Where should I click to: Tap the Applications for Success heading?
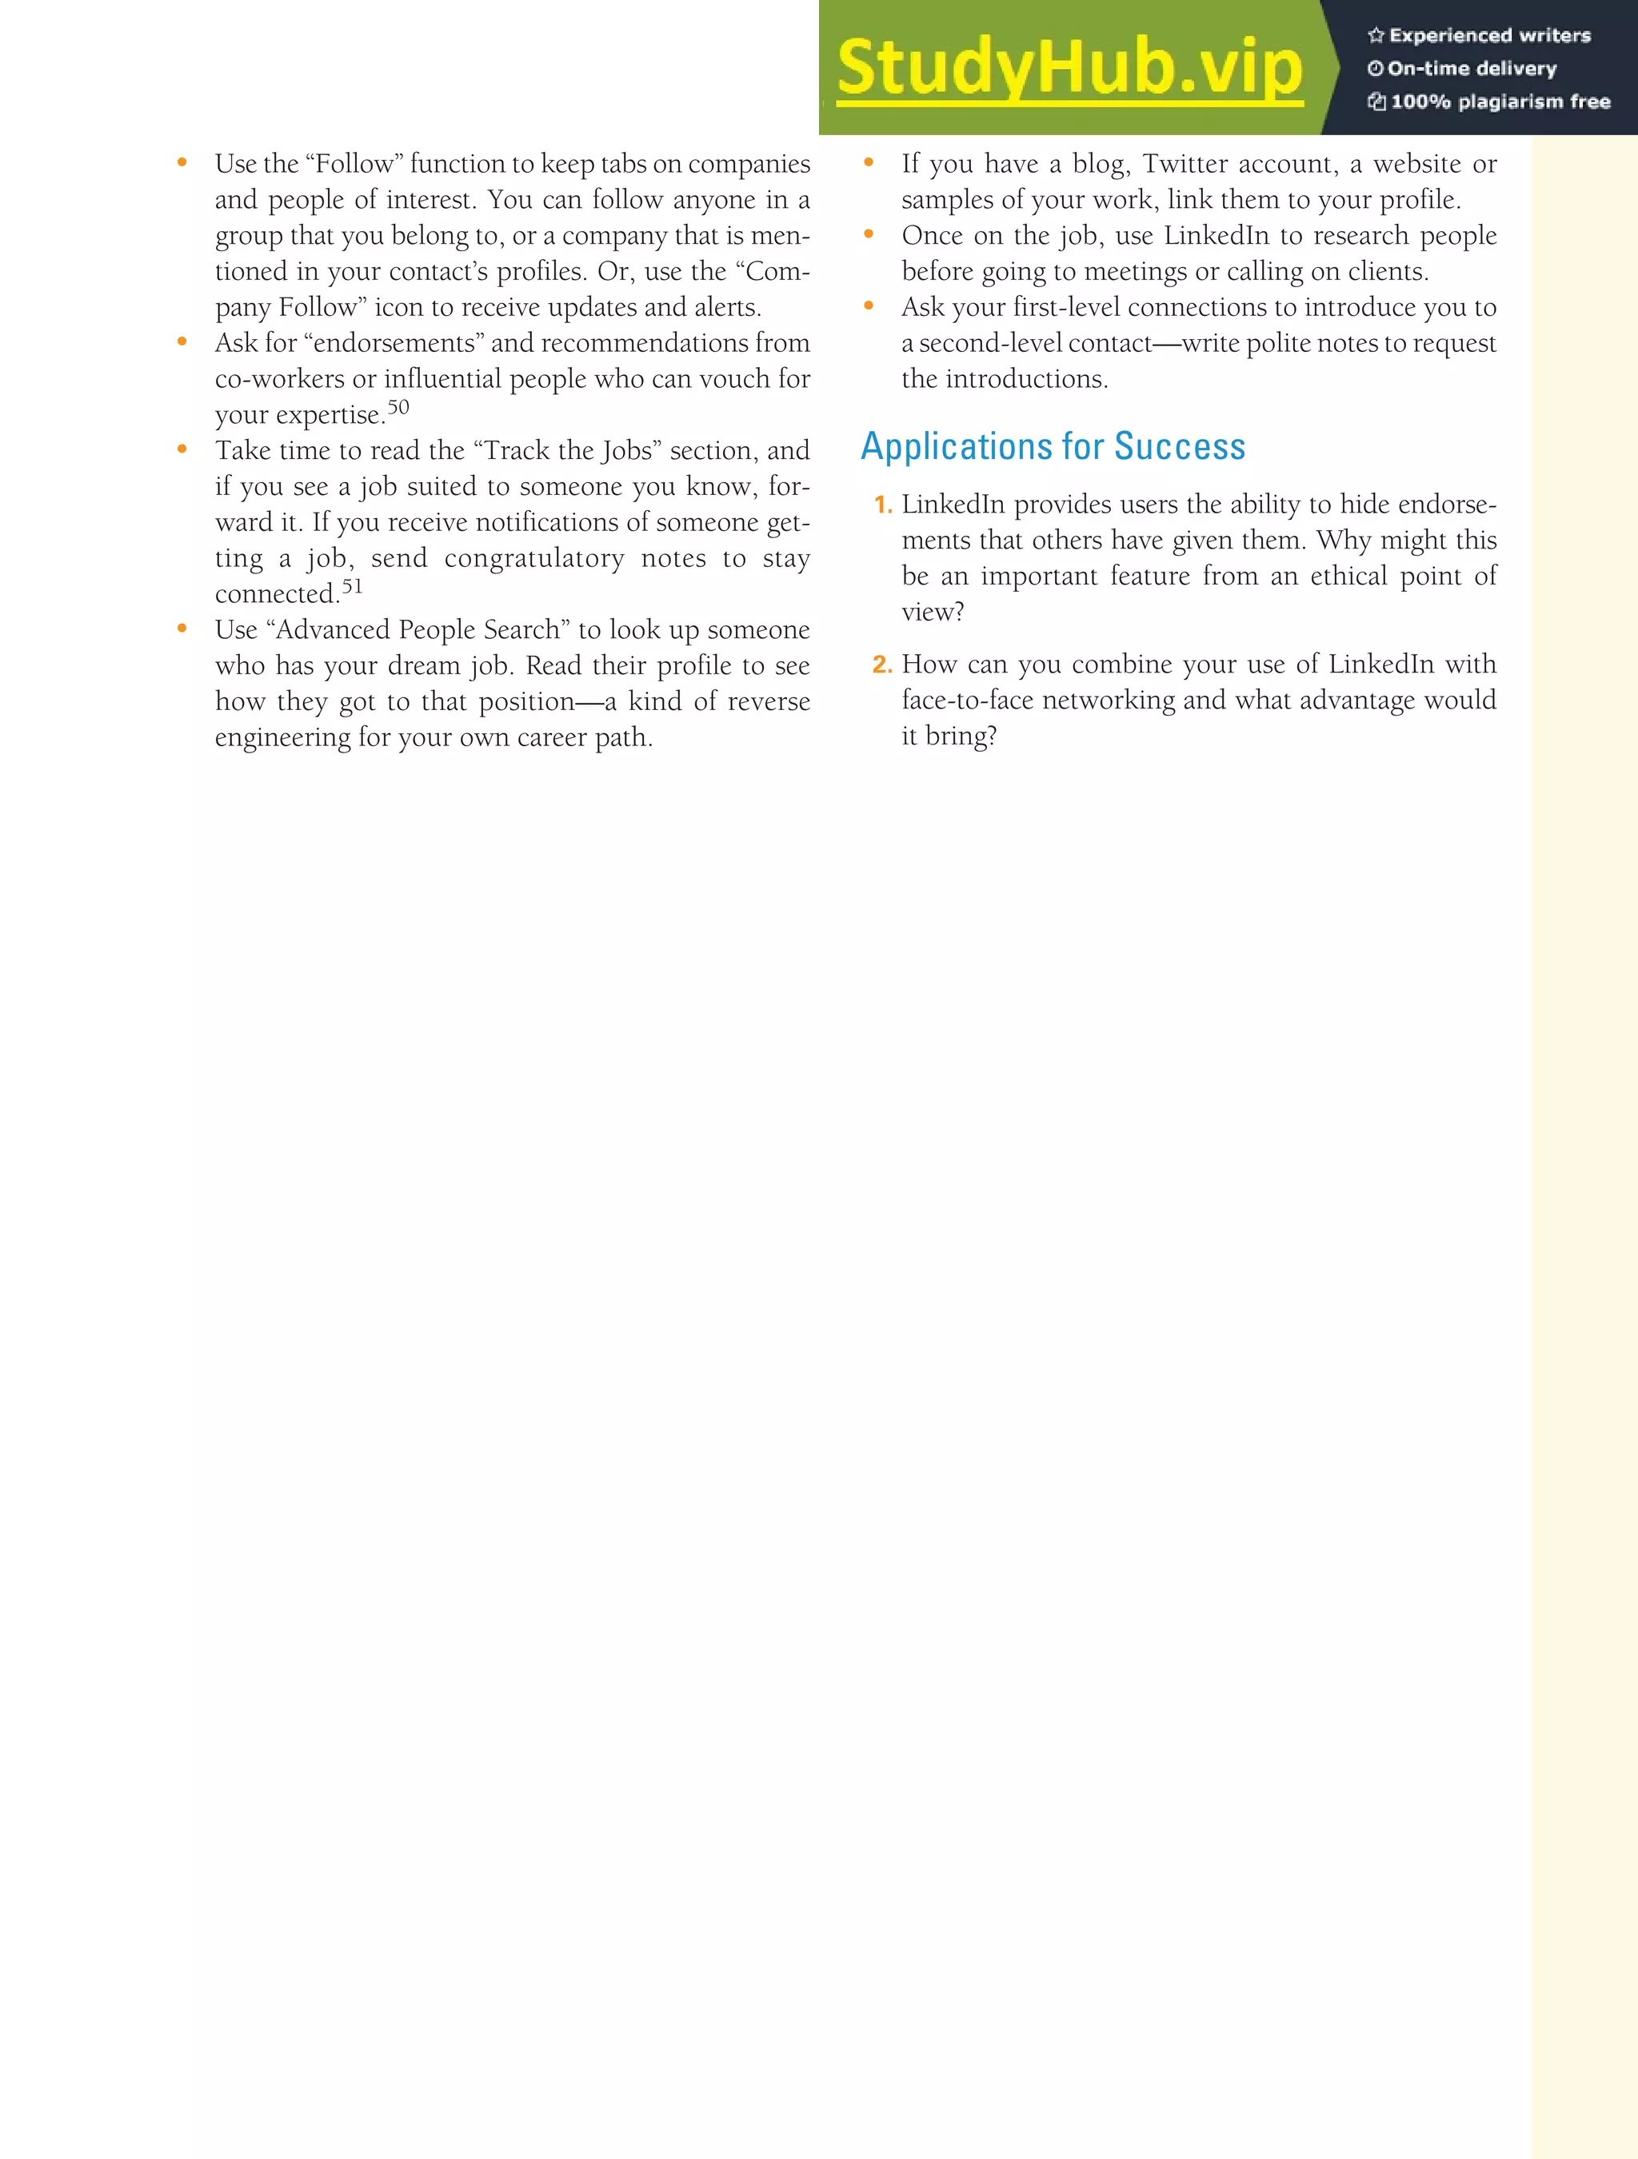pyautogui.click(x=1053, y=446)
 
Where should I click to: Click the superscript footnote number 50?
pyautogui.click(x=398, y=407)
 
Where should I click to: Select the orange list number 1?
pyautogui.click(x=881, y=505)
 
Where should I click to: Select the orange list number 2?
pyautogui.click(x=881, y=664)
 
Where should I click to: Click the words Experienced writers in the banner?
pyautogui.click(x=1489, y=35)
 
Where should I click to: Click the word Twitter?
pyautogui.click(x=1185, y=163)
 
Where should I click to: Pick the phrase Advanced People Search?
pyautogui.click(x=417, y=629)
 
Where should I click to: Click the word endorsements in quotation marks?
pyautogui.click(x=394, y=342)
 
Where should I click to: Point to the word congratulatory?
pyautogui.click(x=534, y=558)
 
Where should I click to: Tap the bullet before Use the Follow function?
pyautogui.click(x=182, y=163)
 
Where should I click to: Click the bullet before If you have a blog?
pyautogui.click(x=869, y=163)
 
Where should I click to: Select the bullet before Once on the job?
pyautogui.click(x=869, y=234)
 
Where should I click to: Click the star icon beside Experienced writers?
pyautogui.click(x=1376, y=35)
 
